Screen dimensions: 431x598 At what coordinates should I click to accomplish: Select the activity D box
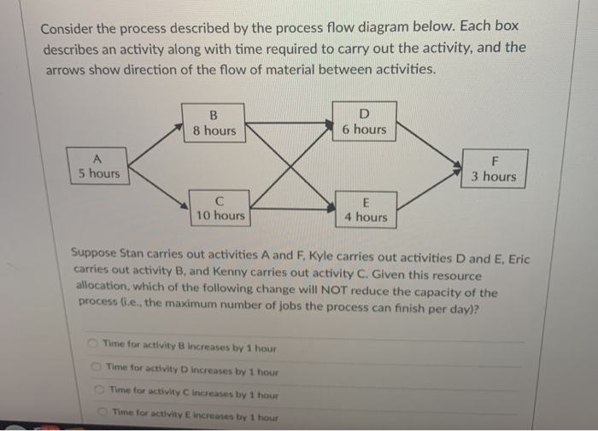coord(364,122)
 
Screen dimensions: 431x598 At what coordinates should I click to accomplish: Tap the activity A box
coord(98,166)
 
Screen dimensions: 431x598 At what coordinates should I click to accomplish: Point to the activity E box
coord(365,209)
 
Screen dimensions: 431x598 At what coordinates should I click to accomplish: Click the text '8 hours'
coord(214,131)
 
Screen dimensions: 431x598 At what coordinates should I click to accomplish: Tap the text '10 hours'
coord(220,217)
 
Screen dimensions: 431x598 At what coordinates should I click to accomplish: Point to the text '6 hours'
coord(364,130)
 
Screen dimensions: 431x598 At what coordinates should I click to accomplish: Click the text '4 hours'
coord(366,218)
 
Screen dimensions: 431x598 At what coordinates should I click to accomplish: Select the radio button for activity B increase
coord(91,344)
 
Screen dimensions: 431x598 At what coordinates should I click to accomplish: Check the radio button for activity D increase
coord(97,368)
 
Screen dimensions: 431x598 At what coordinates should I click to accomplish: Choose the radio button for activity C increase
coord(99,392)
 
